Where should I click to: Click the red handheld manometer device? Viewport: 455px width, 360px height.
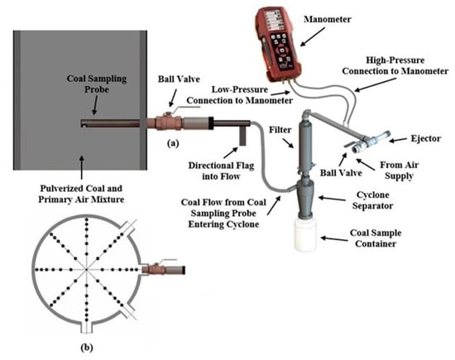point(278,44)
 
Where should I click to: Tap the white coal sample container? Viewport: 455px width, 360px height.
point(306,234)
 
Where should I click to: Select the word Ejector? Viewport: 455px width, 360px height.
point(426,138)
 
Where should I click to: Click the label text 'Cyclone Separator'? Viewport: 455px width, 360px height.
point(372,200)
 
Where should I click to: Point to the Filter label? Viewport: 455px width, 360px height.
point(280,130)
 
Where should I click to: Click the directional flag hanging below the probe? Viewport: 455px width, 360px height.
point(242,136)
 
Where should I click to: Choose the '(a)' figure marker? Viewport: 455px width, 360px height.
point(173,143)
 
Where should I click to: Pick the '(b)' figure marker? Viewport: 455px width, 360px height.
point(87,348)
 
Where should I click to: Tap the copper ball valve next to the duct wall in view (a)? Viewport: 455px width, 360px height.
point(169,122)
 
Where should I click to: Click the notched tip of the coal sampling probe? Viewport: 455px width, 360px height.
point(83,123)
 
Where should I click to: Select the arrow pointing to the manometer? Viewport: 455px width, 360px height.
point(312,37)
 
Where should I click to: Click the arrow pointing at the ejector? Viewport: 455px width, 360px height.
point(398,140)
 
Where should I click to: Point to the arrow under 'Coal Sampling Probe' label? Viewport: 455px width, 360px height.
point(94,105)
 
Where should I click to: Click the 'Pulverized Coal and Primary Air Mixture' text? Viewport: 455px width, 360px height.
point(81,194)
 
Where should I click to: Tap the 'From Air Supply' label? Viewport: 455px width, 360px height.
point(399,170)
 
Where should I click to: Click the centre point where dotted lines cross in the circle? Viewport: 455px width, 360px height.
point(86,270)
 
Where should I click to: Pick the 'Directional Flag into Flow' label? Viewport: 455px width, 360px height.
point(221,171)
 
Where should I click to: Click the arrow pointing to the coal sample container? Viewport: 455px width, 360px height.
point(334,239)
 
